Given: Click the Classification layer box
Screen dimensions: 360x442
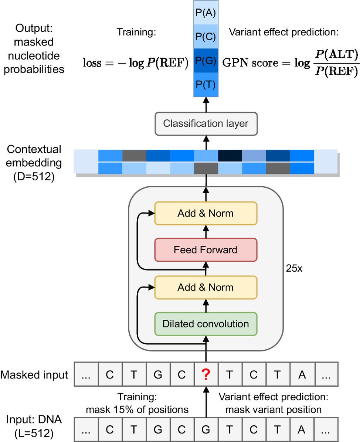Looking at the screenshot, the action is click(206, 124).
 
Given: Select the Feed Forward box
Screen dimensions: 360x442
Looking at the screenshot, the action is click(206, 250).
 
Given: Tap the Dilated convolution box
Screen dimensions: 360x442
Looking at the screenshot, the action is click(206, 324).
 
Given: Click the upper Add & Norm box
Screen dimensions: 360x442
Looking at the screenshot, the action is click(206, 213).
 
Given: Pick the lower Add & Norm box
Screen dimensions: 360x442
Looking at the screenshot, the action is click(206, 288).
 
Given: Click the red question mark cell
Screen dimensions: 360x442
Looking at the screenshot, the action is click(206, 374).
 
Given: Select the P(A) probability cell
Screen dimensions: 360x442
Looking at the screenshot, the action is click(206, 13).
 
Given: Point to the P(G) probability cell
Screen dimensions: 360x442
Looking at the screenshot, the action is click(206, 61).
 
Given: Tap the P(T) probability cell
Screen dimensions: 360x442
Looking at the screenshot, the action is click(206, 85).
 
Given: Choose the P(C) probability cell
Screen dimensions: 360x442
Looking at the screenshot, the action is click(206, 37).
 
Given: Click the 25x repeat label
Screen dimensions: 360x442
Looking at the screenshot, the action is click(294, 268).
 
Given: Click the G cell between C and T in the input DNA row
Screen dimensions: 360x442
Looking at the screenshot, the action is click(206, 429).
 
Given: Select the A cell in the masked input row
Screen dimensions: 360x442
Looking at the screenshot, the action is click(302, 374).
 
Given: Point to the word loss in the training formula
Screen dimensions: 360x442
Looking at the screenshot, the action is click(92, 62).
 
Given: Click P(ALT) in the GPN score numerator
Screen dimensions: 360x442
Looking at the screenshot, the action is click(337, 54).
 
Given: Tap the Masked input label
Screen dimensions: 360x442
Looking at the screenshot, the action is click(34, 375).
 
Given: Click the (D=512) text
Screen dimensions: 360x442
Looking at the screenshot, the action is click(34, 176).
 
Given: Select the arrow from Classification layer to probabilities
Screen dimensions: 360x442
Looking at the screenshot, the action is click(206, 105).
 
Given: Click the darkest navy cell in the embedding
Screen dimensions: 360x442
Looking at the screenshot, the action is click(230, 156).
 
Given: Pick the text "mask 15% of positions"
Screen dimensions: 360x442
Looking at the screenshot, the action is click(137, 409).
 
